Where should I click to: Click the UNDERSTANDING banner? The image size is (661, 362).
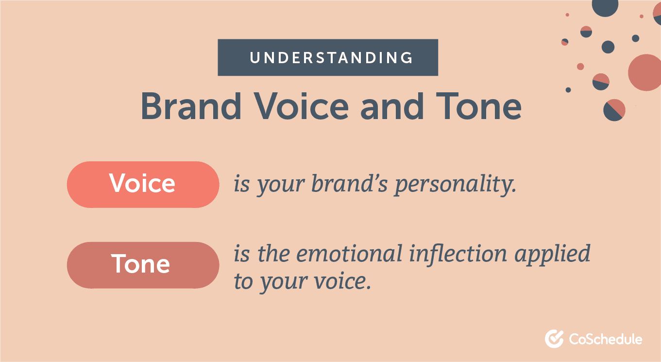pos(328,58)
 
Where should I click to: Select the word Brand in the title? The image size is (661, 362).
pos(191,106)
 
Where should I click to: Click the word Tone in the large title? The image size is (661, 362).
pos(479,106)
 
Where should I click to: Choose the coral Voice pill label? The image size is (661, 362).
pos(143,185)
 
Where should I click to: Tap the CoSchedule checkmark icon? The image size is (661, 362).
pos(554,339)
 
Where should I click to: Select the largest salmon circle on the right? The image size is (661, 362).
pos(645,72)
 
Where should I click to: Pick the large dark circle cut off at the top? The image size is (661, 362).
pos(605,7)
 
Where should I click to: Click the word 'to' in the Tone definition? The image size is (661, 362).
pos(243,282)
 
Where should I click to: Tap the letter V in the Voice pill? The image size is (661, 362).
pos(117,184)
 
